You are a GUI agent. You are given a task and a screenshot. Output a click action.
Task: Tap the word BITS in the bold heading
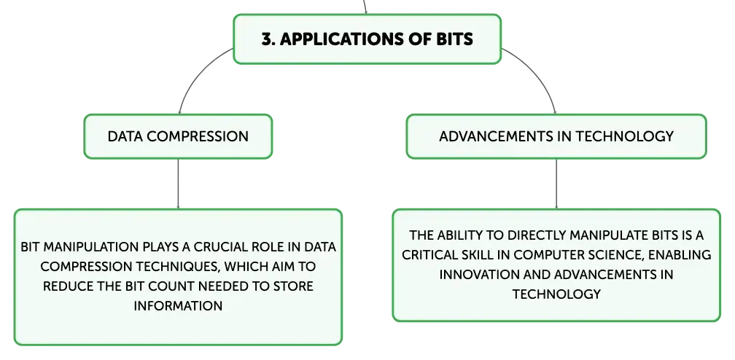coord(455,39)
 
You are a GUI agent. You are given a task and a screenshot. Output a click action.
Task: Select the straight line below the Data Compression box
coord(178,184)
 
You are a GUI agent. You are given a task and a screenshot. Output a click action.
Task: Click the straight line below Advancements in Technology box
coord(556,184)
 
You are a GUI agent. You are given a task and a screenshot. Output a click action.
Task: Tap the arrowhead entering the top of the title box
coord(365,12)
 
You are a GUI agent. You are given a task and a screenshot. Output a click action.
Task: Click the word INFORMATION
coord(178,305)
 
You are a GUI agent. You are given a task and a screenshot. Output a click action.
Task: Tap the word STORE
coord(293,286)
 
